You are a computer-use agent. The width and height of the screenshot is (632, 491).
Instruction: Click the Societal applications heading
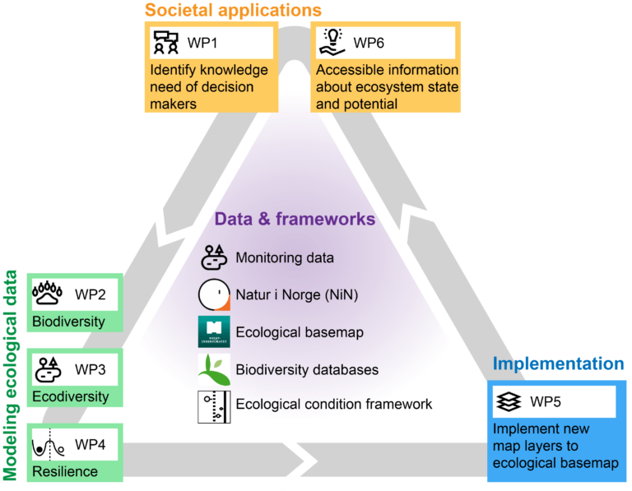233,11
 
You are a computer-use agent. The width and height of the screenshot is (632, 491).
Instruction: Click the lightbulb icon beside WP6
332,41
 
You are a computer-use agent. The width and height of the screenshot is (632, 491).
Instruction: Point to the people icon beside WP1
166,42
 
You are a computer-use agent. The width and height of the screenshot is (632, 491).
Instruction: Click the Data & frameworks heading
295,220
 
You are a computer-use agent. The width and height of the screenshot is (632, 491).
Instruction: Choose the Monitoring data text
285,257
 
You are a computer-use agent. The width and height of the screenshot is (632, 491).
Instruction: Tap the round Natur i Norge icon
214,294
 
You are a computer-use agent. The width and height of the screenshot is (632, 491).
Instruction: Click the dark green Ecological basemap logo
214,332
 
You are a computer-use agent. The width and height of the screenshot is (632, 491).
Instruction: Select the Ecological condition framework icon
214,406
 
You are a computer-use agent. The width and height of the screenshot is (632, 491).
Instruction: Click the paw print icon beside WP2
49,294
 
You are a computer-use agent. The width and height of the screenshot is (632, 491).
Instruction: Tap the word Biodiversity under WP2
68,321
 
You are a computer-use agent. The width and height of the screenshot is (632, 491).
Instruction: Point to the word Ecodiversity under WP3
70,396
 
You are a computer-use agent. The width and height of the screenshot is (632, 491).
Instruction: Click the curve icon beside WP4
49,445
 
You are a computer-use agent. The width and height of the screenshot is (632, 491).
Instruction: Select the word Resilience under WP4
65,471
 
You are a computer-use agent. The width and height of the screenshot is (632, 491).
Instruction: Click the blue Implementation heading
558,364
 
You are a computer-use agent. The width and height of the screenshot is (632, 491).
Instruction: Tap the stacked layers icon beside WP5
509,402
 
